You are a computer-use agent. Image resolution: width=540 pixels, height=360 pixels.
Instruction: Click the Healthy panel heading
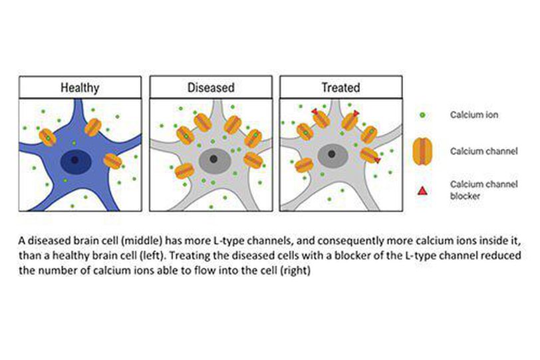80,87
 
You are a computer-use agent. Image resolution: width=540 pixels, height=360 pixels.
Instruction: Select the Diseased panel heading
211,87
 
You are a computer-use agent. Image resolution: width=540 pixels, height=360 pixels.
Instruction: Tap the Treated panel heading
340,87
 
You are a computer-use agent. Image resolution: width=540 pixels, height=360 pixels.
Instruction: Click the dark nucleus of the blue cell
74,160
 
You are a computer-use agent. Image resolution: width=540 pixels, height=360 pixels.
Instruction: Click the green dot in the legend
423,115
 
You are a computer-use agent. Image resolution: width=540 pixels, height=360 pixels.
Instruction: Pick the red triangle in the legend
422,192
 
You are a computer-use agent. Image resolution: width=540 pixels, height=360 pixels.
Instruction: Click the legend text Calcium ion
474,115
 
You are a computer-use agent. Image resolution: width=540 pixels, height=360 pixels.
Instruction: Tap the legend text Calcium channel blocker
475,190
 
